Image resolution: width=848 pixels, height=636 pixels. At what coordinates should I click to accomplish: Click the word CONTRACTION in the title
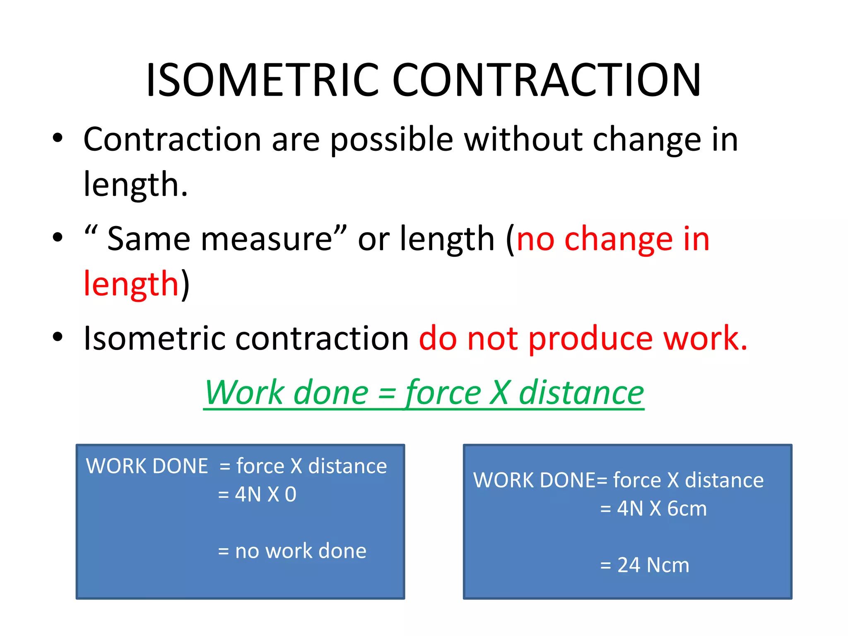(547, 80)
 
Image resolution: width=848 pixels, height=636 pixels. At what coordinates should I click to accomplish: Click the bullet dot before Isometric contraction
(58, 337)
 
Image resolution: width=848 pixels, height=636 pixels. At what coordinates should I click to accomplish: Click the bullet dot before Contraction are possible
(58, 137)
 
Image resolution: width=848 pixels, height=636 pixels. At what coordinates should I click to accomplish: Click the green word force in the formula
(443, 393)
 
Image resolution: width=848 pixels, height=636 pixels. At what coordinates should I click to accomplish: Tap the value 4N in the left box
(248, 494)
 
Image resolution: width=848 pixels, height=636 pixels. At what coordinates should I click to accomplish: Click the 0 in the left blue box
(291, 494)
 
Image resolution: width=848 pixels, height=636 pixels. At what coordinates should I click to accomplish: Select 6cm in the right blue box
(687, 508)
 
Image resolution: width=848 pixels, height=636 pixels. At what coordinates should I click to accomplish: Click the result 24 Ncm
(653, 565)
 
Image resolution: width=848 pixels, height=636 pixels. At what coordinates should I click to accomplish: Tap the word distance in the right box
(724, 480)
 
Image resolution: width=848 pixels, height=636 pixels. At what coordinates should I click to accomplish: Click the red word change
(619, 239)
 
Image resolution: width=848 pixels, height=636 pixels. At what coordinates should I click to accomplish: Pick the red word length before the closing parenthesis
(131, 284)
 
